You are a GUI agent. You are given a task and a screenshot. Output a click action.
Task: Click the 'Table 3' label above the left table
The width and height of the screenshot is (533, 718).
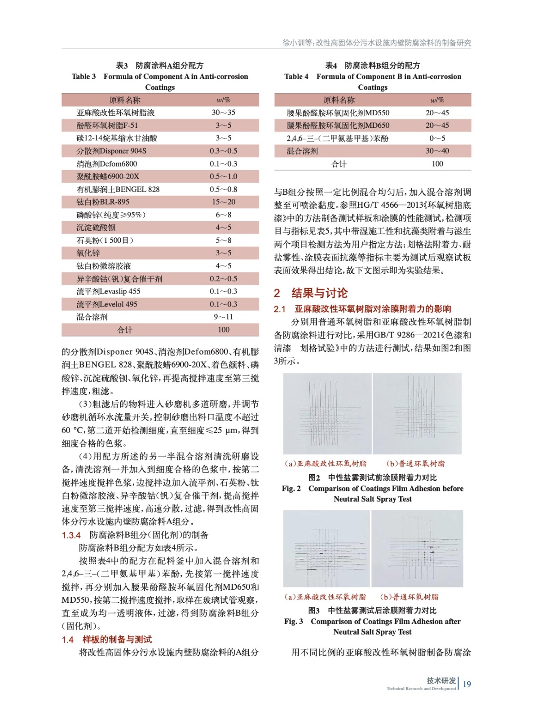pyautogui.click(x=84, y=76)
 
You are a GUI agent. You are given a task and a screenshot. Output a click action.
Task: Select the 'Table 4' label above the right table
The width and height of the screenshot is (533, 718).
pyautogui.click(x=296, y=76)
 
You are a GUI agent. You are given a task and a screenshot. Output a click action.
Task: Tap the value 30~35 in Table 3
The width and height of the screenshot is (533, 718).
pyautogui.click(x=224, y=113)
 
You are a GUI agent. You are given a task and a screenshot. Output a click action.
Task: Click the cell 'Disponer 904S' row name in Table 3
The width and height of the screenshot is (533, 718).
pyautogui.click(x=111, y=151)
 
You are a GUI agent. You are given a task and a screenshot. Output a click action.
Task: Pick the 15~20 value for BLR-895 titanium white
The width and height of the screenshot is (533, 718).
pyautogui.click(x=224, y=202)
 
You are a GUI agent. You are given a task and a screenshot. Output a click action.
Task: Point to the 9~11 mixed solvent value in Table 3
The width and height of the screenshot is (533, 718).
pyautogui.click(x=224, y=317)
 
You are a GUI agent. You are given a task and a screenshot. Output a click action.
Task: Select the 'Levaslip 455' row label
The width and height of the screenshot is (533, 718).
pyautogui.click(x=108, y=291)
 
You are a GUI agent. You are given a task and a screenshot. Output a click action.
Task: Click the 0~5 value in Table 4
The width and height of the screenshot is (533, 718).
pyautogui.click(x=437, y=138)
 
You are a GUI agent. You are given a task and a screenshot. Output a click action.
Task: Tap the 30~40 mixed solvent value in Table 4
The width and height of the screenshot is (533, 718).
pyautogui.click(x=437, y=151)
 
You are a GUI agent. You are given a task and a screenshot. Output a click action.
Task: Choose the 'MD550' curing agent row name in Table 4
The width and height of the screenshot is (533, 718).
pyautogui.click(x=338, y=113)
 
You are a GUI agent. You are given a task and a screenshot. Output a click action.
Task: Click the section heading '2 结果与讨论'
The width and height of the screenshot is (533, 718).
pyautogui.click(x=311, y=293)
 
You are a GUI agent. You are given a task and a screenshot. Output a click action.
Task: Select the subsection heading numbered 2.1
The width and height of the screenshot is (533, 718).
pyautogui.click(x=362, y=309)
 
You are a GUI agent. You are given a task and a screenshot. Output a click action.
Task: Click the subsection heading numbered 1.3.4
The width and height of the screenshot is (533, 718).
pyautogui.click(x=135, y=535)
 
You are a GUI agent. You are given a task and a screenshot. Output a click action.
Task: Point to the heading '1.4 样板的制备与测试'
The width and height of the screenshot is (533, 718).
pyautogui.click(x=107, y=639)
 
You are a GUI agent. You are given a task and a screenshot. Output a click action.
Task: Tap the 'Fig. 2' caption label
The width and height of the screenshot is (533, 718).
pyautogui.click(x=291, y=488)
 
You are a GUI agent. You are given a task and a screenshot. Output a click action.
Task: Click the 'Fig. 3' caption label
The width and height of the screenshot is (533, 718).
pyautogui.click(x=294, y=622)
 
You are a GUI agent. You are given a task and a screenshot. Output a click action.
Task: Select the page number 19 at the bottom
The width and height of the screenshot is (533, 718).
pyautogui.click(x=467, y=684)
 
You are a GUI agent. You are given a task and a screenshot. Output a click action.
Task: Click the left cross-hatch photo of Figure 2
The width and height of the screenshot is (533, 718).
pyautogui.click(x=327, y=413)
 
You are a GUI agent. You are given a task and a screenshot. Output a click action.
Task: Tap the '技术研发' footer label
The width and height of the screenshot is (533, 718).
pyautogui.click(x=441, y=680)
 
